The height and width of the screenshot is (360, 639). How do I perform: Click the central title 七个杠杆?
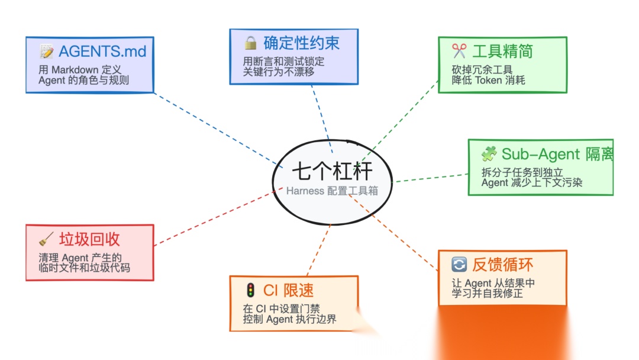tap(332, 171)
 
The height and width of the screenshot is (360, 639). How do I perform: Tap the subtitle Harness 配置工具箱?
tap(332, 191)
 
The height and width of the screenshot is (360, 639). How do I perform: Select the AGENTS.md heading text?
tap(102, 51)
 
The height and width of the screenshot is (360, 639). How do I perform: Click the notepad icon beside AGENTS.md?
tap(47, 51)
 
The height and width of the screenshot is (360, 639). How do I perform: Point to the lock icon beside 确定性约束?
tap(251, 43)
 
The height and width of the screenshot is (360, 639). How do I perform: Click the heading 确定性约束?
tap(302, 43)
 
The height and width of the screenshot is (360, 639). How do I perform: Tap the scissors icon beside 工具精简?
tap(459, 51)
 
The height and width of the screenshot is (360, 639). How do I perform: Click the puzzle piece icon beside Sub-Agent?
tap(489, 155)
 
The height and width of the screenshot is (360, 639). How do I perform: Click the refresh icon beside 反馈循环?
tap(459, 265)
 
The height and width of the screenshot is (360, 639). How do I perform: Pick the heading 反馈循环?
tap(502, 265)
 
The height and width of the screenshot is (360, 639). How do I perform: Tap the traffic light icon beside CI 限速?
tap(251, 290)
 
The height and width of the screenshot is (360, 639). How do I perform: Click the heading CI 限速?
tap(289, 290)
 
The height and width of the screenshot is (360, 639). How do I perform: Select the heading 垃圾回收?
tap(89, 239)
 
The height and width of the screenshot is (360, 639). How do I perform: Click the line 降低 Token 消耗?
tap(488, 80)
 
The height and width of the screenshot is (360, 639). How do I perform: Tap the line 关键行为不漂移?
tap(279, 72)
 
